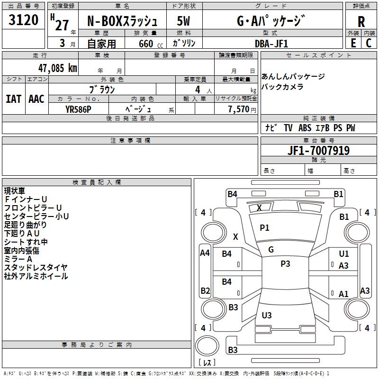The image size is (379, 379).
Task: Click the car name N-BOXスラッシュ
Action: coord(122,21)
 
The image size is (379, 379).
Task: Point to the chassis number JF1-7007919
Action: coord(319,151)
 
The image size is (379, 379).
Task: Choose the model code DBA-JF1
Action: coord(271,43)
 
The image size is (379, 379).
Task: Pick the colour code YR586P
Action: coord(79,109)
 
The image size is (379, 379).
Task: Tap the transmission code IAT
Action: coord(13,99)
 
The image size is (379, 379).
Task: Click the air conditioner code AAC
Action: coord(36,99)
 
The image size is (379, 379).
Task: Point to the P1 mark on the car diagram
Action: coord(264,228)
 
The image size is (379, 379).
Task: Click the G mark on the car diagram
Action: coord(271,250)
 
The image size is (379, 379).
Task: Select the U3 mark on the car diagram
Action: coord(267,315)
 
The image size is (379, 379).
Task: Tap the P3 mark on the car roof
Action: coord(285,264)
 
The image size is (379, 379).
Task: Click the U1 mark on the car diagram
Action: coord(344,254)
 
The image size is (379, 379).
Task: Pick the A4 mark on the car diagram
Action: coord(205,253)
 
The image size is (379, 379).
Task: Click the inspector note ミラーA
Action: coord(18,259)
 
